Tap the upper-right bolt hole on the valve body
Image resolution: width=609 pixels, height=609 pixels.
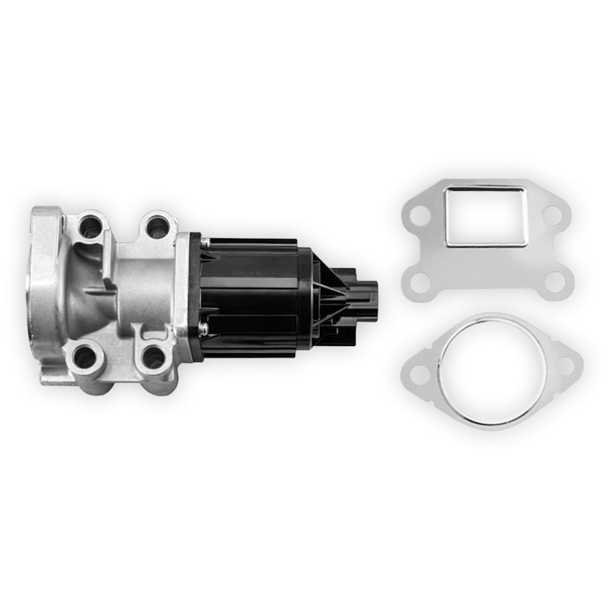click(156, 226)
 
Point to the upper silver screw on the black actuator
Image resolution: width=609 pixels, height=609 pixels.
click(206, 242)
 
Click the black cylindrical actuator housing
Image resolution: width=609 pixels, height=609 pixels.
click(256, 288)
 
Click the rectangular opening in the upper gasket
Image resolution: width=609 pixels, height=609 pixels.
click(486, 216)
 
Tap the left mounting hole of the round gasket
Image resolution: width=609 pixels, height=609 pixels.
click(420, 370)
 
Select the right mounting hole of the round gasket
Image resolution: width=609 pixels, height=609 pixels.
click(564, 365)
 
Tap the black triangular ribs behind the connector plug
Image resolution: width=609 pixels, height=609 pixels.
click(330, 301)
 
